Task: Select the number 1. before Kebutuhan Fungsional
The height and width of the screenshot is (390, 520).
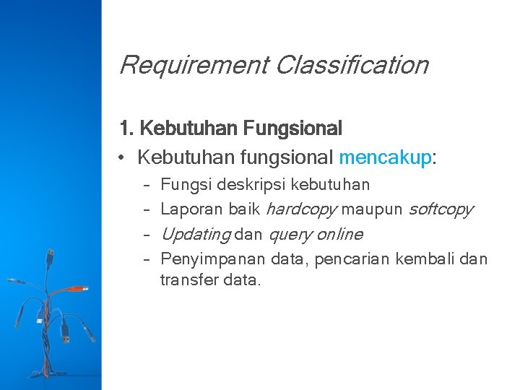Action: click(x=126, y=129)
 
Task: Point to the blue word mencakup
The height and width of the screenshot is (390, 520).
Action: click(x=384, y=157)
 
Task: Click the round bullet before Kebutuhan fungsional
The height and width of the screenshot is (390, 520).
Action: click(x=124, y=157)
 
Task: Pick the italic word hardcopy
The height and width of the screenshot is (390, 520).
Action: click(x=301, y=209)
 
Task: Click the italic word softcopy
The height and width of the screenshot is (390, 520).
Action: click(x=441, y=209)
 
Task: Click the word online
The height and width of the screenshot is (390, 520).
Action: click(x=339, y=234)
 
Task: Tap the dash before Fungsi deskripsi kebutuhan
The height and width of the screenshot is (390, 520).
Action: click(x=146, y=186)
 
